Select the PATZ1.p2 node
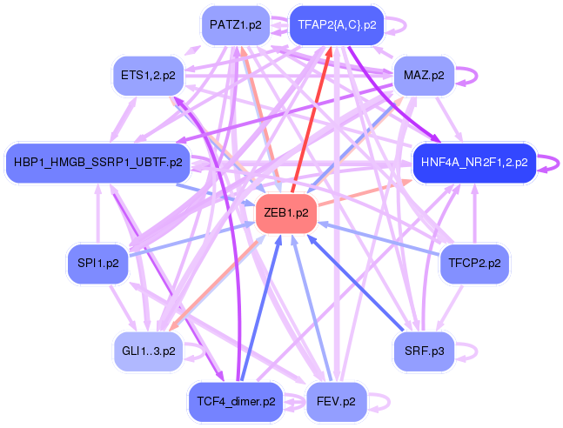(235, 25)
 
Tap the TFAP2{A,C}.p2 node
(337, 25)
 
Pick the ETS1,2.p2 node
(148, 76)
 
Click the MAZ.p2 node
(424, 76)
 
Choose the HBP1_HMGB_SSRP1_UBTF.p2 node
(99, 162)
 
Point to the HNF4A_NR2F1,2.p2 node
(473, 162)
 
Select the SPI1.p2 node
(97, 261)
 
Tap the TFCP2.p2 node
(474, 261)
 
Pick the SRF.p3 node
(424, 351)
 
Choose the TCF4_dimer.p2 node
(236, 402)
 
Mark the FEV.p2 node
(337, 402)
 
